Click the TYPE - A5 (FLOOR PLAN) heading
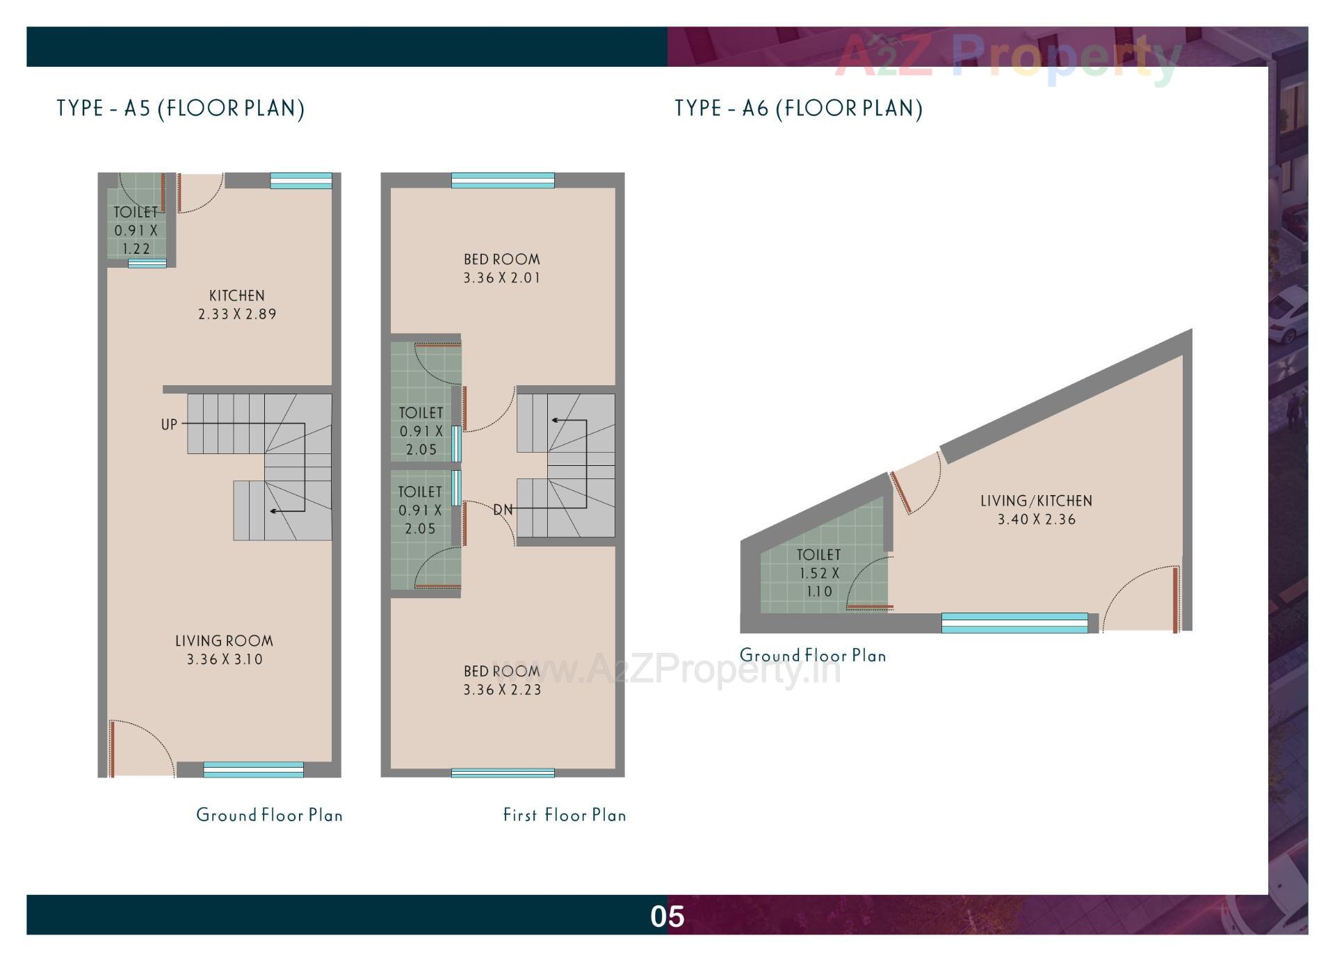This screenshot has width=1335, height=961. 181,108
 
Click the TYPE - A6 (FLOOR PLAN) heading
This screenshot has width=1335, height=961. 798,108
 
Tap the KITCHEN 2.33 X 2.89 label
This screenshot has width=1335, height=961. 237,305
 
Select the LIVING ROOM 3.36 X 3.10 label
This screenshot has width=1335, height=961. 224,649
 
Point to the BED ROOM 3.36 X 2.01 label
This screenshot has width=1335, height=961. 501,268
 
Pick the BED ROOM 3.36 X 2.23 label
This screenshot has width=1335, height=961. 501,680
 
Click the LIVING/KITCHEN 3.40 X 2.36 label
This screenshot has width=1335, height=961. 1036,510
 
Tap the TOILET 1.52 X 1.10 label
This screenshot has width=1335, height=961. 818,573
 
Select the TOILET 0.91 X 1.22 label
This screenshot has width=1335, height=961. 136,230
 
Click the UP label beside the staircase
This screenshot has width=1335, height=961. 169,424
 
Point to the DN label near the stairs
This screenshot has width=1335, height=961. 503,510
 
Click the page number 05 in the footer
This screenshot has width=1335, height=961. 667,916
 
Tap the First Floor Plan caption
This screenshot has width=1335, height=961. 564,815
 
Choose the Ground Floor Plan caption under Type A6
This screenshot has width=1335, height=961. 813,655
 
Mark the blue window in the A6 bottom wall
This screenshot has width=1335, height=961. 1014,622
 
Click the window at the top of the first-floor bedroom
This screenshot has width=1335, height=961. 503,181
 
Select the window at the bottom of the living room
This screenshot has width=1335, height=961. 253,769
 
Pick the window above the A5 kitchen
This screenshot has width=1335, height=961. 300,181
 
